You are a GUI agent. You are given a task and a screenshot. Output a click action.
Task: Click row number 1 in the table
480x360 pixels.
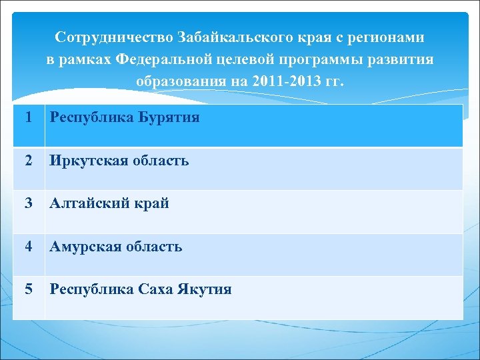click(27, 118)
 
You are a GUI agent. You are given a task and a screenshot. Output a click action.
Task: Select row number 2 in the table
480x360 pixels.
click(27, 161)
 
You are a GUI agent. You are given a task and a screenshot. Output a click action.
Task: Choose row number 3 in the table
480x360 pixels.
click(27, 203)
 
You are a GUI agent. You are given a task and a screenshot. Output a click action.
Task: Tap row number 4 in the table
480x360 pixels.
click(27, 247)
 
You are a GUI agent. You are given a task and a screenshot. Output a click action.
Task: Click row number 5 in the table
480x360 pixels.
click(27, 289)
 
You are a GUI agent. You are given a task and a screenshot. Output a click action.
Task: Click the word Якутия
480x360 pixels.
click(204, 289)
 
